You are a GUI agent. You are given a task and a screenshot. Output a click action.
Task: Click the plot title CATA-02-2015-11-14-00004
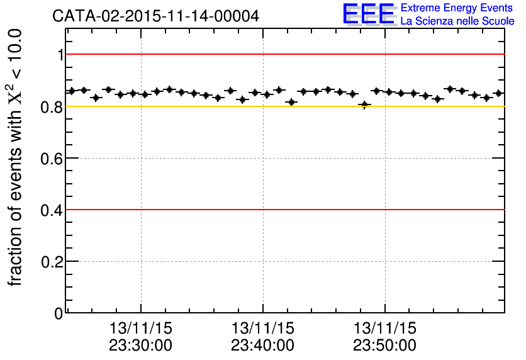[155, 16]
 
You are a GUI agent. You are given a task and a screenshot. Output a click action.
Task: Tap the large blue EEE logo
[369, 14]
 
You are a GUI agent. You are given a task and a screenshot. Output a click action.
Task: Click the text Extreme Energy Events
[457, 8]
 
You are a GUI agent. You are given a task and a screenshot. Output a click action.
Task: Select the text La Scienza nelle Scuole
[457, 21]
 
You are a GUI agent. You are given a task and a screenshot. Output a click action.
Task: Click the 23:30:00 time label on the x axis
[140, 346]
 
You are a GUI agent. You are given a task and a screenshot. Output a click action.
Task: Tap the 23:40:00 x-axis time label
[262, 346]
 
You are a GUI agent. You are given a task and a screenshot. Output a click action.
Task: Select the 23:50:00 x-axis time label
[384, 346]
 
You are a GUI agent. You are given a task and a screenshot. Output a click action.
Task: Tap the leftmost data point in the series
[72, 91]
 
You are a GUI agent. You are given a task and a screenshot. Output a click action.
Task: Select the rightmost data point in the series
[498, 93]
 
